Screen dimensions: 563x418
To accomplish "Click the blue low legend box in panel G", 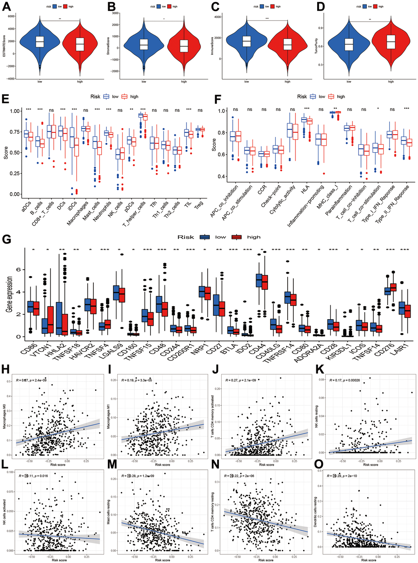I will (205, 237).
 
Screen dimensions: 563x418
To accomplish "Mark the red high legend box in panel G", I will (237, 237).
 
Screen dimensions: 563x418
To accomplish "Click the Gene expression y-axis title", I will (9, 295).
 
